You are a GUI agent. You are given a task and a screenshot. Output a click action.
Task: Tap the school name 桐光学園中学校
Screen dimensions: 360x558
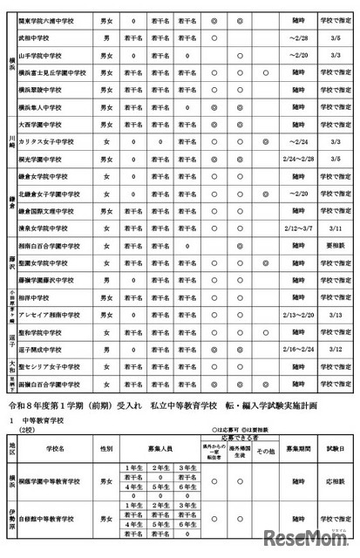click(48, 159)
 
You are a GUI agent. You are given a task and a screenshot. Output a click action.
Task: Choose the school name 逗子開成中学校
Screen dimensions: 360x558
click(49, 349)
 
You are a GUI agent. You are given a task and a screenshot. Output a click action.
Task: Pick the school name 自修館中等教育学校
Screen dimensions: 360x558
click(60, 519)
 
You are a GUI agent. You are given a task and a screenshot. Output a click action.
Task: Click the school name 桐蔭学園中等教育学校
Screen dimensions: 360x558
click(60, 480)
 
